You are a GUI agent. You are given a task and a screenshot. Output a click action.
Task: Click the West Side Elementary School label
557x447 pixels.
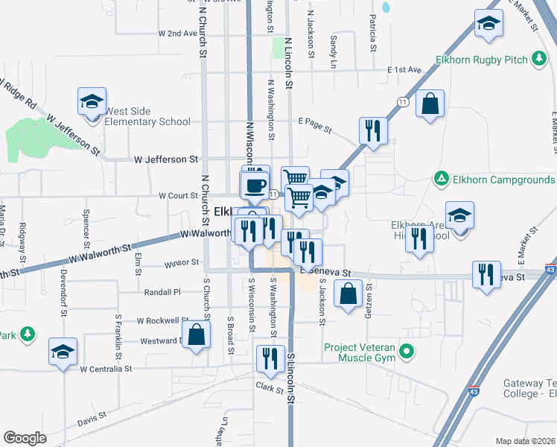click(x=147, y=116)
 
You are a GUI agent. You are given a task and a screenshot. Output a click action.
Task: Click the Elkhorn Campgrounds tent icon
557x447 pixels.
click(x=441, y=180)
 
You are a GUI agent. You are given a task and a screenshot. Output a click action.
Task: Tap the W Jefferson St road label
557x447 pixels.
click(x=166, y=159)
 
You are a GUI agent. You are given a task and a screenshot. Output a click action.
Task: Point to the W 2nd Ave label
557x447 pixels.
click(x=176, y=34)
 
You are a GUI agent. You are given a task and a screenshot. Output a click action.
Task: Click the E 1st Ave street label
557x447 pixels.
click(x=404, y=70)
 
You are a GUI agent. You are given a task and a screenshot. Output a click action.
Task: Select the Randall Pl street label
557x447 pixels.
click(x=167, y=292)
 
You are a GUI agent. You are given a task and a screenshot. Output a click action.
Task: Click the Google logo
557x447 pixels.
click(x=25, y=438)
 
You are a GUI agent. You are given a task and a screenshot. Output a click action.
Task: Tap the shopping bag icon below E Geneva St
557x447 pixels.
click(x=348, y=293)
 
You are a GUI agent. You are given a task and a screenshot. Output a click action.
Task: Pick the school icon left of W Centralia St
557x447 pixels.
click(x=63, y=351)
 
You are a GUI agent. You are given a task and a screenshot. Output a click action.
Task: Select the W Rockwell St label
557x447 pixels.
click(x=163, y=320)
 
